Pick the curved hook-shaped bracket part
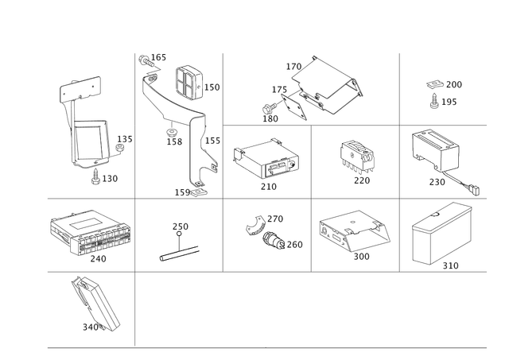257,225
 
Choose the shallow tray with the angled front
356,230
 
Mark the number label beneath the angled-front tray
362,257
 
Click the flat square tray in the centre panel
265,159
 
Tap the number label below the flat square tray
268,188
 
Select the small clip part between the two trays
356,155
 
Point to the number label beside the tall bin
450,264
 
